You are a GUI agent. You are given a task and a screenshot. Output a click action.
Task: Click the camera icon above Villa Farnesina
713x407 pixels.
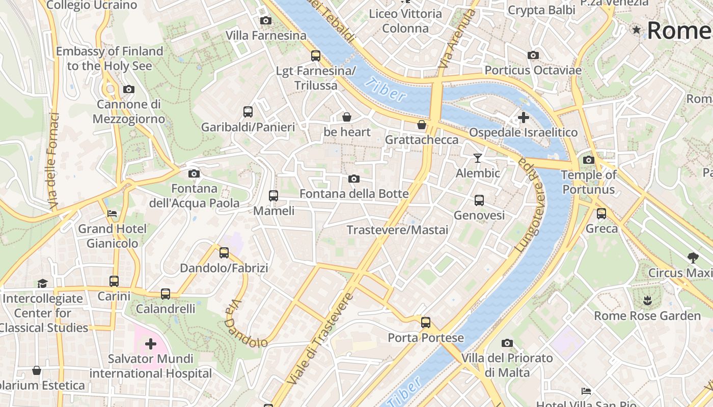(x=265, y=21)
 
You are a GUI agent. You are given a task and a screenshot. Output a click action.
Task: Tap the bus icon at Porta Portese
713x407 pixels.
(x=426, y=322)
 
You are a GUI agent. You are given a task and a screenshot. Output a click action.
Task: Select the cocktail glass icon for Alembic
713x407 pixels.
(x=477, y=158)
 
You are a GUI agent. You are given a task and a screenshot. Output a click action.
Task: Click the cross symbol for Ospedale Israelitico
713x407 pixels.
(x=523, y=118)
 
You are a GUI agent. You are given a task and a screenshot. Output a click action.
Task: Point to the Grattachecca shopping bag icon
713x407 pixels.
(x=422, y=125)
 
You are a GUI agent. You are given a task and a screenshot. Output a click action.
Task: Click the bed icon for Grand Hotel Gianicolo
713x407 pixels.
(x=112, y=213)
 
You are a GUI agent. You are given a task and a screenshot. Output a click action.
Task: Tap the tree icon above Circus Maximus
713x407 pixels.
(x=692, y=257)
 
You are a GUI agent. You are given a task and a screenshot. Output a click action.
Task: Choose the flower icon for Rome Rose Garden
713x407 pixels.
(x=647, y=300)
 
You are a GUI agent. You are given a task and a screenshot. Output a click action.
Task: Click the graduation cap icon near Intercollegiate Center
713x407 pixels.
(x=42, y=283)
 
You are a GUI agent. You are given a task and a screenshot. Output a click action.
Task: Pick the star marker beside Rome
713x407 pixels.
(x=636, y=30)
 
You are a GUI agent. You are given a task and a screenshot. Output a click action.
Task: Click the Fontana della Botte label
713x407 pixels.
(x=354, y=194)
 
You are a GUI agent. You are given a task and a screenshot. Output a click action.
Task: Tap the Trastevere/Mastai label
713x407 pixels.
(x=397, y=230)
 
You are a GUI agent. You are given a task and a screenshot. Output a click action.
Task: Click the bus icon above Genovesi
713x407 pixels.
(x=479, y=200)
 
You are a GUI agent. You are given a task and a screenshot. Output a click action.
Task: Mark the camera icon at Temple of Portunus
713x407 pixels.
(x=589, y=160)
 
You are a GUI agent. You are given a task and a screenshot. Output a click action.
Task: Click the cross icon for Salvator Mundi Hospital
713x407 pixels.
(x=151, y=344)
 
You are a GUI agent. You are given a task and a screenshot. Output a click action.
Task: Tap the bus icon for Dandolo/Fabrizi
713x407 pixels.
(x=224, y=252)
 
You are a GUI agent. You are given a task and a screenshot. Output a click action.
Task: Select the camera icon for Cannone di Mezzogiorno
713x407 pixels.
(x=129, y=90)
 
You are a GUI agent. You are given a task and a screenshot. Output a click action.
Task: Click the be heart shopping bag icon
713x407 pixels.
(x=347, y=117)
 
